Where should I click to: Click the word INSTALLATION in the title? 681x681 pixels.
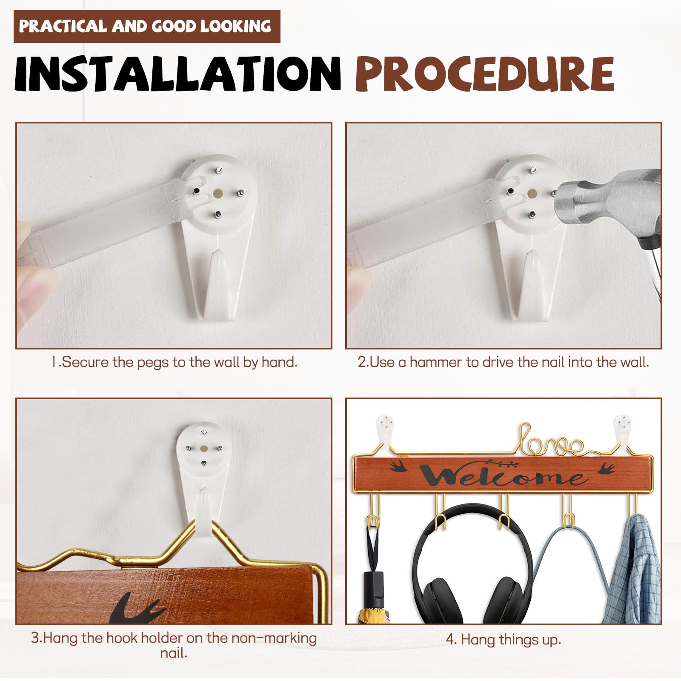[177, 73]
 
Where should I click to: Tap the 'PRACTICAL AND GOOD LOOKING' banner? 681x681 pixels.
[147, 26]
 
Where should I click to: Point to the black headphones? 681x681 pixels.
[472, 566]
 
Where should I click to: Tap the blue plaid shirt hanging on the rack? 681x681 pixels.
[632, 570]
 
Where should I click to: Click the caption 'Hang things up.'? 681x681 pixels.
[504, 639]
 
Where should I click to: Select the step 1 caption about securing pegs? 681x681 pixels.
[174, 362]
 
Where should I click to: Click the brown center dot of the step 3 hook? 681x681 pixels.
[203, 449]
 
